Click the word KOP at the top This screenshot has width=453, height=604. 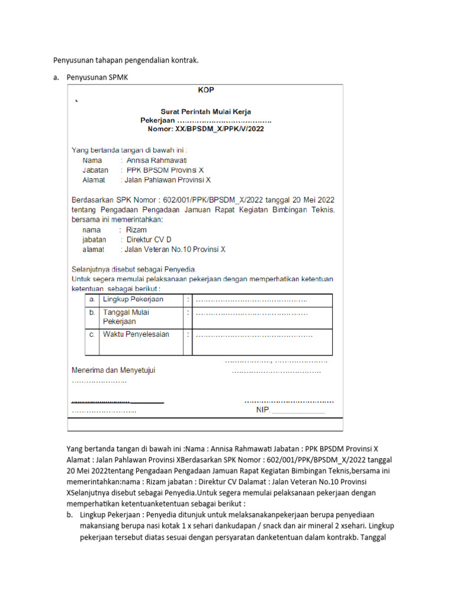[206, 91]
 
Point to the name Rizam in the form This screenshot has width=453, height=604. [137, 230]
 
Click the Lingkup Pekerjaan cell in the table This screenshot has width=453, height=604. [133, 300]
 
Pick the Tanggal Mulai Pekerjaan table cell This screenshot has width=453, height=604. [126, 317]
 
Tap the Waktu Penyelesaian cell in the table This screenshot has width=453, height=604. [136, 334]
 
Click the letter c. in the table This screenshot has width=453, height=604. [92, 334]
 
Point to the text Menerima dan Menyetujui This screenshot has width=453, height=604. [113, 371]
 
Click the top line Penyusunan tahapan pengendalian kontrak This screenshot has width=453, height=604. [126, 60]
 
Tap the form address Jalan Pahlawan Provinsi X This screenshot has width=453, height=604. [168, 180]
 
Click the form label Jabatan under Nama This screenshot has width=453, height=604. [96, 170]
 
